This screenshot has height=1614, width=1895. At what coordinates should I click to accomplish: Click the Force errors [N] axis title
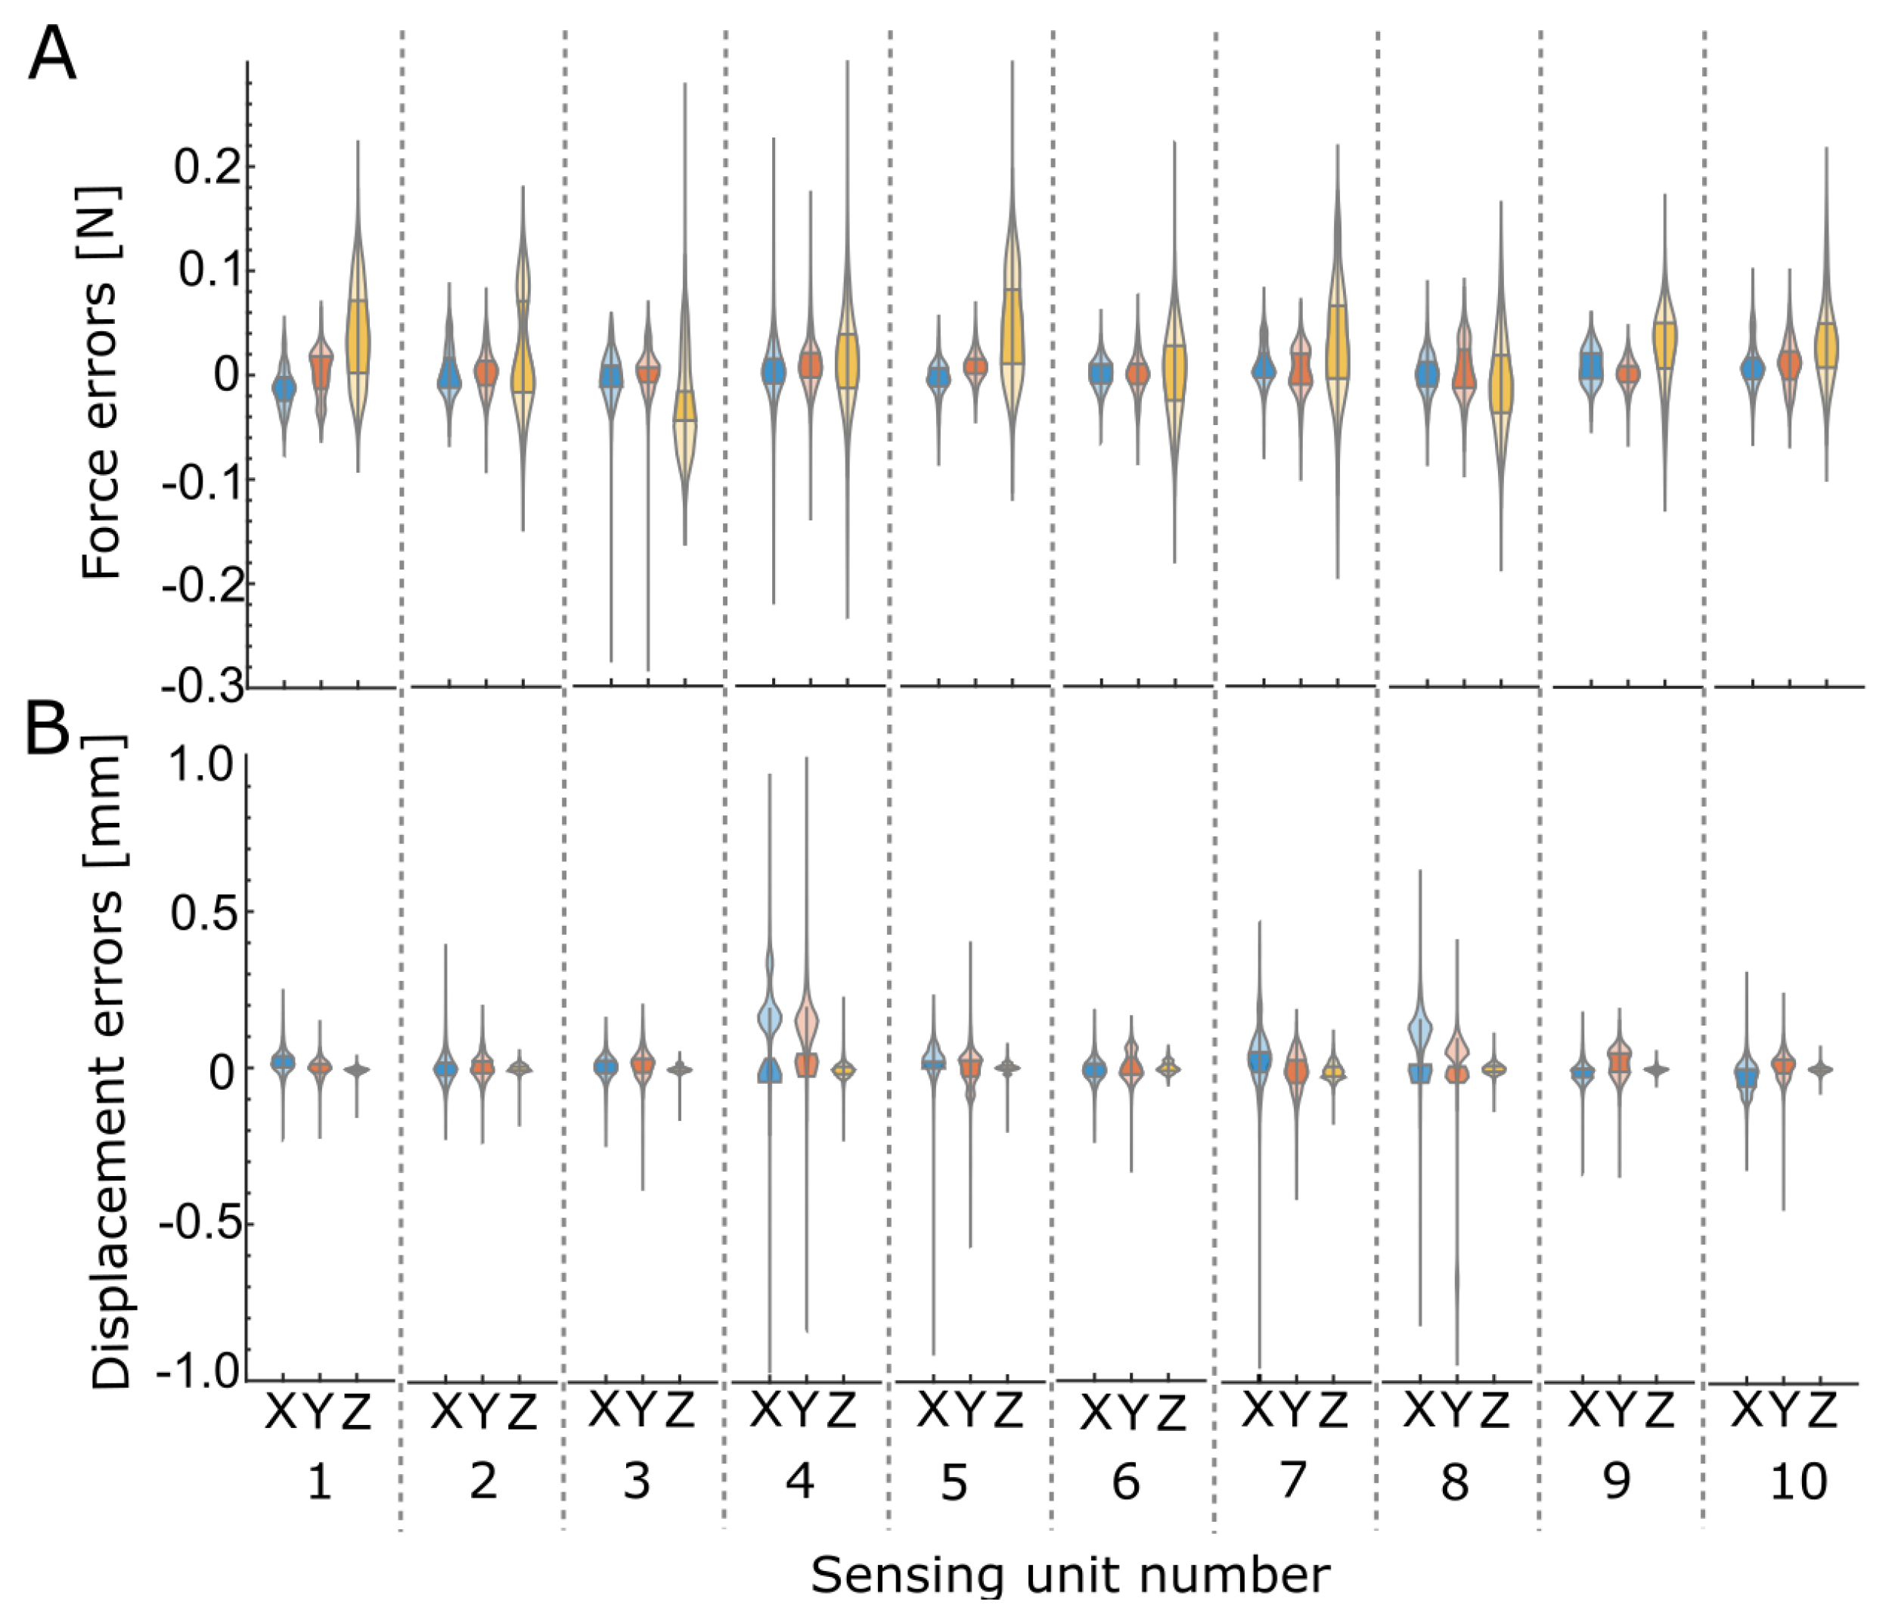[101, 383]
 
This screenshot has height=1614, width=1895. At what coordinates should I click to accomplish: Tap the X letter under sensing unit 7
[1258, 1410]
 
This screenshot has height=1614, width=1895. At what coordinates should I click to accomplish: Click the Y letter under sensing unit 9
[1620, 1410]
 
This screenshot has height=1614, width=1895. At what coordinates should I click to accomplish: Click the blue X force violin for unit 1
[284, 388]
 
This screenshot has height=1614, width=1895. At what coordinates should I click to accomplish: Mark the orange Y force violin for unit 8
[1464, 371]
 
